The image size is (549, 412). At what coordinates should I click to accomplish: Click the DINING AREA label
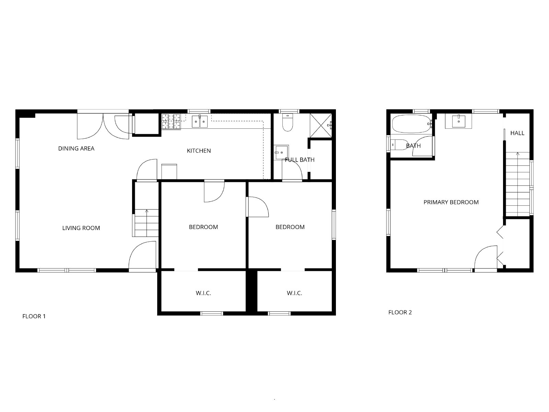coord(76,148)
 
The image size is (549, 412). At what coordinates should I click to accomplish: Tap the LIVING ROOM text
coord(81,228)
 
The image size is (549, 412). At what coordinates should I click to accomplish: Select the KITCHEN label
coord(199,151)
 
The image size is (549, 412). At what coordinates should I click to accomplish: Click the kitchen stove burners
coord(171,122)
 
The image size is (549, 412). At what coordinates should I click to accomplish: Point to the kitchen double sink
coord(200,122)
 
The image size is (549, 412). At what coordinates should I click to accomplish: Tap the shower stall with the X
coord(321,125)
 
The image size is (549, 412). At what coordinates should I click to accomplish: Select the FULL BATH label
coord(300,160)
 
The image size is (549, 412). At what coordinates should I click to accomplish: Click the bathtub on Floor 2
coord(412,124)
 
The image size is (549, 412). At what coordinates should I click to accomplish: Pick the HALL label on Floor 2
coord(517,133)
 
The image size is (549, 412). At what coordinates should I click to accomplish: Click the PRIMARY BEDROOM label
coord(451,202)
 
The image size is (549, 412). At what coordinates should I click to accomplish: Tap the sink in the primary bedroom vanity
coord(458,121)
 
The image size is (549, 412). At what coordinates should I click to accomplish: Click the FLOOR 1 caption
coord(34,316)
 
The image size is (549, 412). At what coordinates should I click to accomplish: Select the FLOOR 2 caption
coord(400,312)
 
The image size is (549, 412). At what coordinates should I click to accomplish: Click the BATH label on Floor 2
coord(413,146)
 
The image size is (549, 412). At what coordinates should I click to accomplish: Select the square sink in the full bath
coord(281,152)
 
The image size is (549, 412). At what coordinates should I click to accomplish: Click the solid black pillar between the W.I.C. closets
coord(252,291)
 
